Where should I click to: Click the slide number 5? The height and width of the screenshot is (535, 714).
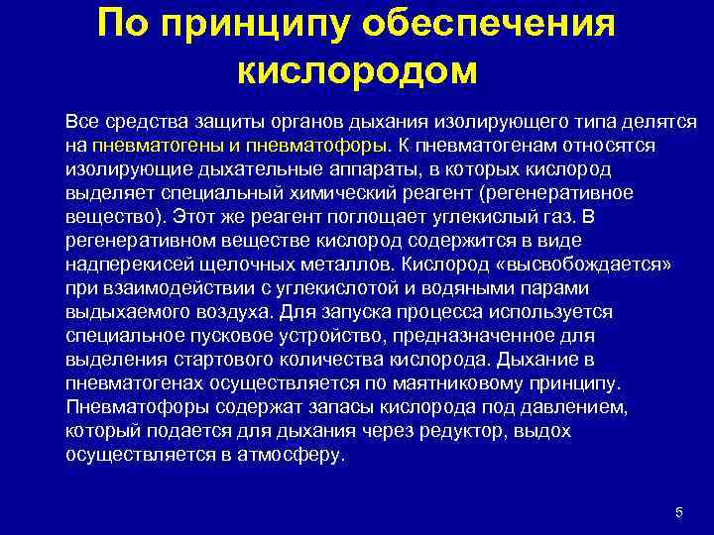pos(678,512)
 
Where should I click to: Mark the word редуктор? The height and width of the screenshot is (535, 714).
pos(470,431)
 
